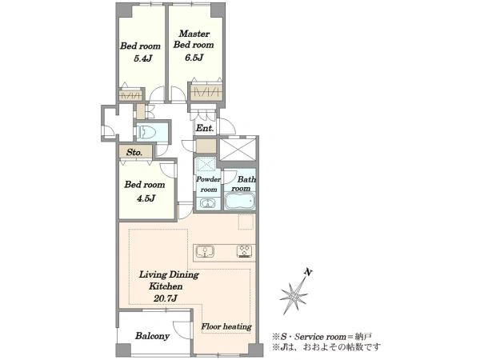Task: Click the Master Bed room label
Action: click(x=194, y=39)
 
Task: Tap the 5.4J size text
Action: click(x=143, y=58)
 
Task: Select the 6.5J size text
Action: click(x=194, y=58)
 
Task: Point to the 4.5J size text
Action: click(x=146, y=198)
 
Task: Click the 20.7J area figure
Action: click(x=166, y=298)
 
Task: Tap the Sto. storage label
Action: click(x=134, y=152)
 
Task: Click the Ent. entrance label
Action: click(x=205, y=128)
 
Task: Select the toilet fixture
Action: click(x=147, y=133)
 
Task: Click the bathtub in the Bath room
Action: click(x=240, y=201)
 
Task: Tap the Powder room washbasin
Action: click(x=207, y=202)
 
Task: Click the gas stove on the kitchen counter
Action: click(x=246, y=252)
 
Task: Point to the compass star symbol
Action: click(x=294, y=295)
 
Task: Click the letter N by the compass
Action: click(x=308, y=272)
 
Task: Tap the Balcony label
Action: click(x=153, y=336)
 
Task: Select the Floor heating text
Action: click(x=226, y=326)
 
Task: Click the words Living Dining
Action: click(x=169, y=274)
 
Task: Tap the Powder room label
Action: click(x=209, y=184)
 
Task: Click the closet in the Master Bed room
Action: click(x=206, y=91)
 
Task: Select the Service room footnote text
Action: click(x=322, y=337)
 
